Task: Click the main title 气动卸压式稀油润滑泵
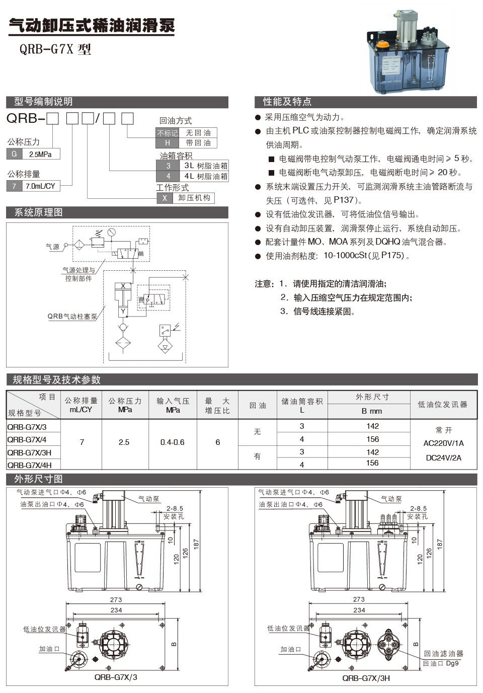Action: [x=92, y=25]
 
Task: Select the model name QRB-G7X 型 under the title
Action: [x=55, y=49]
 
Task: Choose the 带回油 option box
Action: [x=198, y=143]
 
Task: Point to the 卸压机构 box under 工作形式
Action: [x=194, y=198]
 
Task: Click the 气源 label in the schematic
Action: [x=52, y=247]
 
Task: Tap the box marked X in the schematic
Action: [x=123, y=286]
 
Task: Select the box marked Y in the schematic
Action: [x=123, y=312]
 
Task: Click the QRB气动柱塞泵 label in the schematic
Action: [x=72, y=317]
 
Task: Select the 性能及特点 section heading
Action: [x=287, y=102]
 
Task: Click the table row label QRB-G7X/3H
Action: [x=30, y=452]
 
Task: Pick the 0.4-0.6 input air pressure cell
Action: [x=172, y=442]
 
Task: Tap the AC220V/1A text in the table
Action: [x=444, y=443]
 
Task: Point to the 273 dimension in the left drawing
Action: [x=116, y=599]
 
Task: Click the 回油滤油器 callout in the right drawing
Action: [x=443, y=653]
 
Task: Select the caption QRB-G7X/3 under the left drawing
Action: [x=116, y=677]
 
